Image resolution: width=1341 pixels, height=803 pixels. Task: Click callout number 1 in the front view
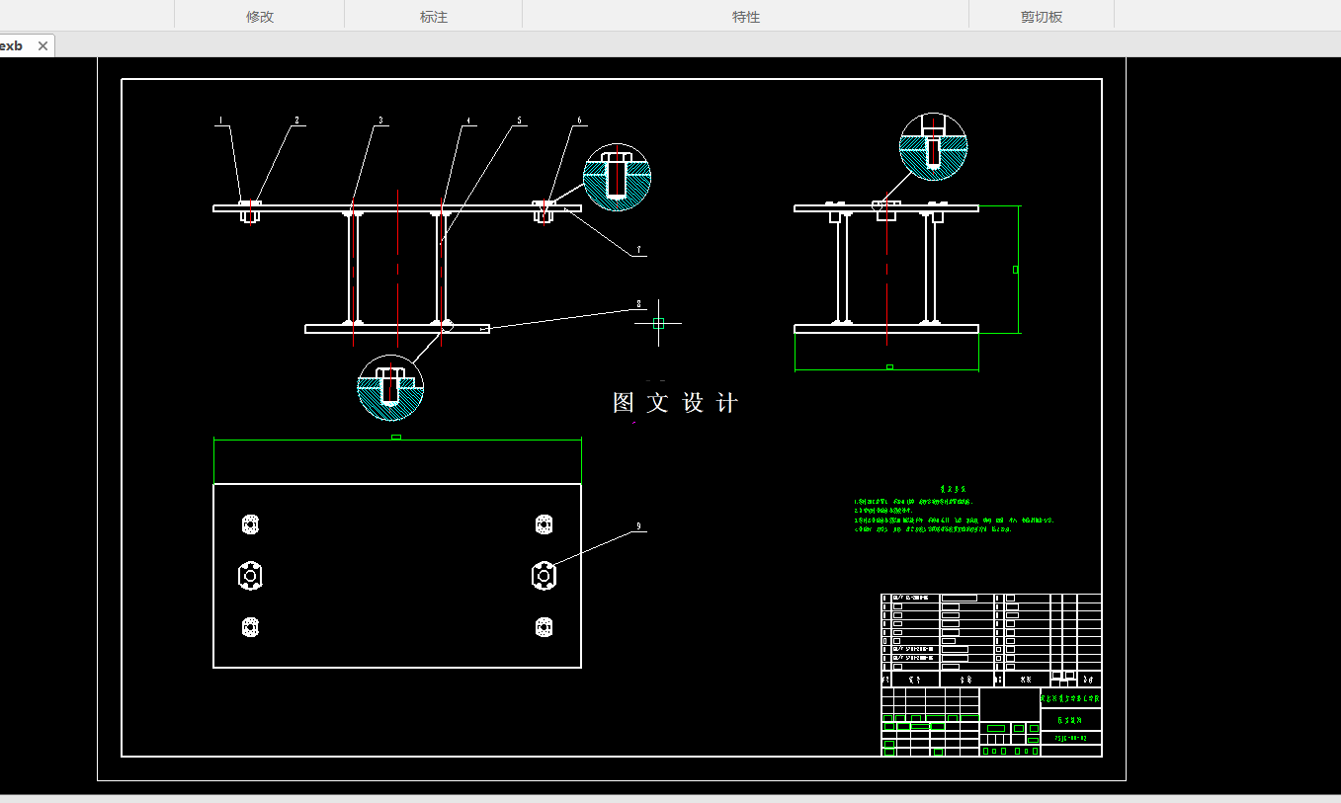point(221,121)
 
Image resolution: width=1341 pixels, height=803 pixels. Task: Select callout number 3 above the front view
point(380,121)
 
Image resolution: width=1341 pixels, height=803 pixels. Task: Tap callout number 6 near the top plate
point(579,121)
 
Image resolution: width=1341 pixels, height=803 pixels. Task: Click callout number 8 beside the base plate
point(639,304)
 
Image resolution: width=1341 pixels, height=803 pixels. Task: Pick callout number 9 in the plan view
point(639,526)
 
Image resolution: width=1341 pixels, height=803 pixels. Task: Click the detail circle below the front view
point(390,387)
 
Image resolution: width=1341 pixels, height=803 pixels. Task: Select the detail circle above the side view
point(933,146)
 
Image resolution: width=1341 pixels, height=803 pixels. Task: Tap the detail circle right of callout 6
point(617,178)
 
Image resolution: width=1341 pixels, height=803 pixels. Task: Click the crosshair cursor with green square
point(658,323)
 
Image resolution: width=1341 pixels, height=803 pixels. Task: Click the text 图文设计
point(676,403)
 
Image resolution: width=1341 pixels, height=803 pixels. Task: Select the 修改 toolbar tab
point(260,17)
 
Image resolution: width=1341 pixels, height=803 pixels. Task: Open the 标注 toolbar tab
point(434,17)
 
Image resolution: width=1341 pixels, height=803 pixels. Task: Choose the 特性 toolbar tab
point(746,17)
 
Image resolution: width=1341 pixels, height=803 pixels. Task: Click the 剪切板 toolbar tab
point(1042,17)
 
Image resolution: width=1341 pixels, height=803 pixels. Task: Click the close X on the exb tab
point(42,46)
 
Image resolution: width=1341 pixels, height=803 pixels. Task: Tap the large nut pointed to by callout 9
point(543,574)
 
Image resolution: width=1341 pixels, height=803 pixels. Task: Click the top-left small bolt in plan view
point(250,523)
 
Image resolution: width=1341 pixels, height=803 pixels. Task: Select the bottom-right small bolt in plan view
point(543,626)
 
